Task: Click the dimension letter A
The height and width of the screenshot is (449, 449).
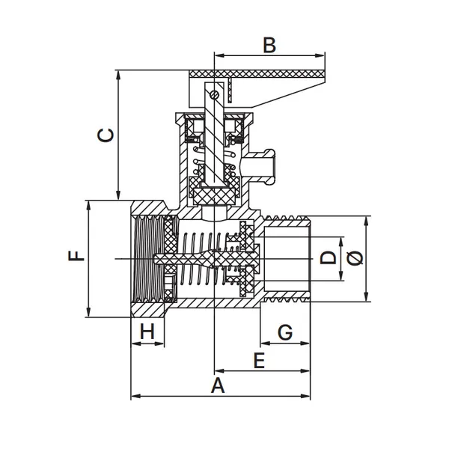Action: pyautogui.click(x=218, y=385)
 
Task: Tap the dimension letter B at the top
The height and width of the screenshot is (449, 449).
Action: pyautogui.click(x=269, y=45)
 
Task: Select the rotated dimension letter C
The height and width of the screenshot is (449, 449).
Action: pyautogui.click(x=106, y=135)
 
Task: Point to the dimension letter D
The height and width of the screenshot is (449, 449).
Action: pyautogui.click(x=328, y=257)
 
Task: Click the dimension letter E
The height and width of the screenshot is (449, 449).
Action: pyautogui.click(x=260, y=361)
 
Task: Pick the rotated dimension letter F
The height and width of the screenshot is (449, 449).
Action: pyautogui.click(x=76, y=256)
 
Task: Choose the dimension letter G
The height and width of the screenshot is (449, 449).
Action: pyautogui.click(x=285, y=332)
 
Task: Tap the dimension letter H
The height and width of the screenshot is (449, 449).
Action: pyautogui.click(x=147, y=332)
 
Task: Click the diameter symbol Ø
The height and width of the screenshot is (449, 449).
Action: pyautogui.click(x=355, y=257)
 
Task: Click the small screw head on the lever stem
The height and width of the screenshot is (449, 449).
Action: pyautogui.click(x=214, y=94)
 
